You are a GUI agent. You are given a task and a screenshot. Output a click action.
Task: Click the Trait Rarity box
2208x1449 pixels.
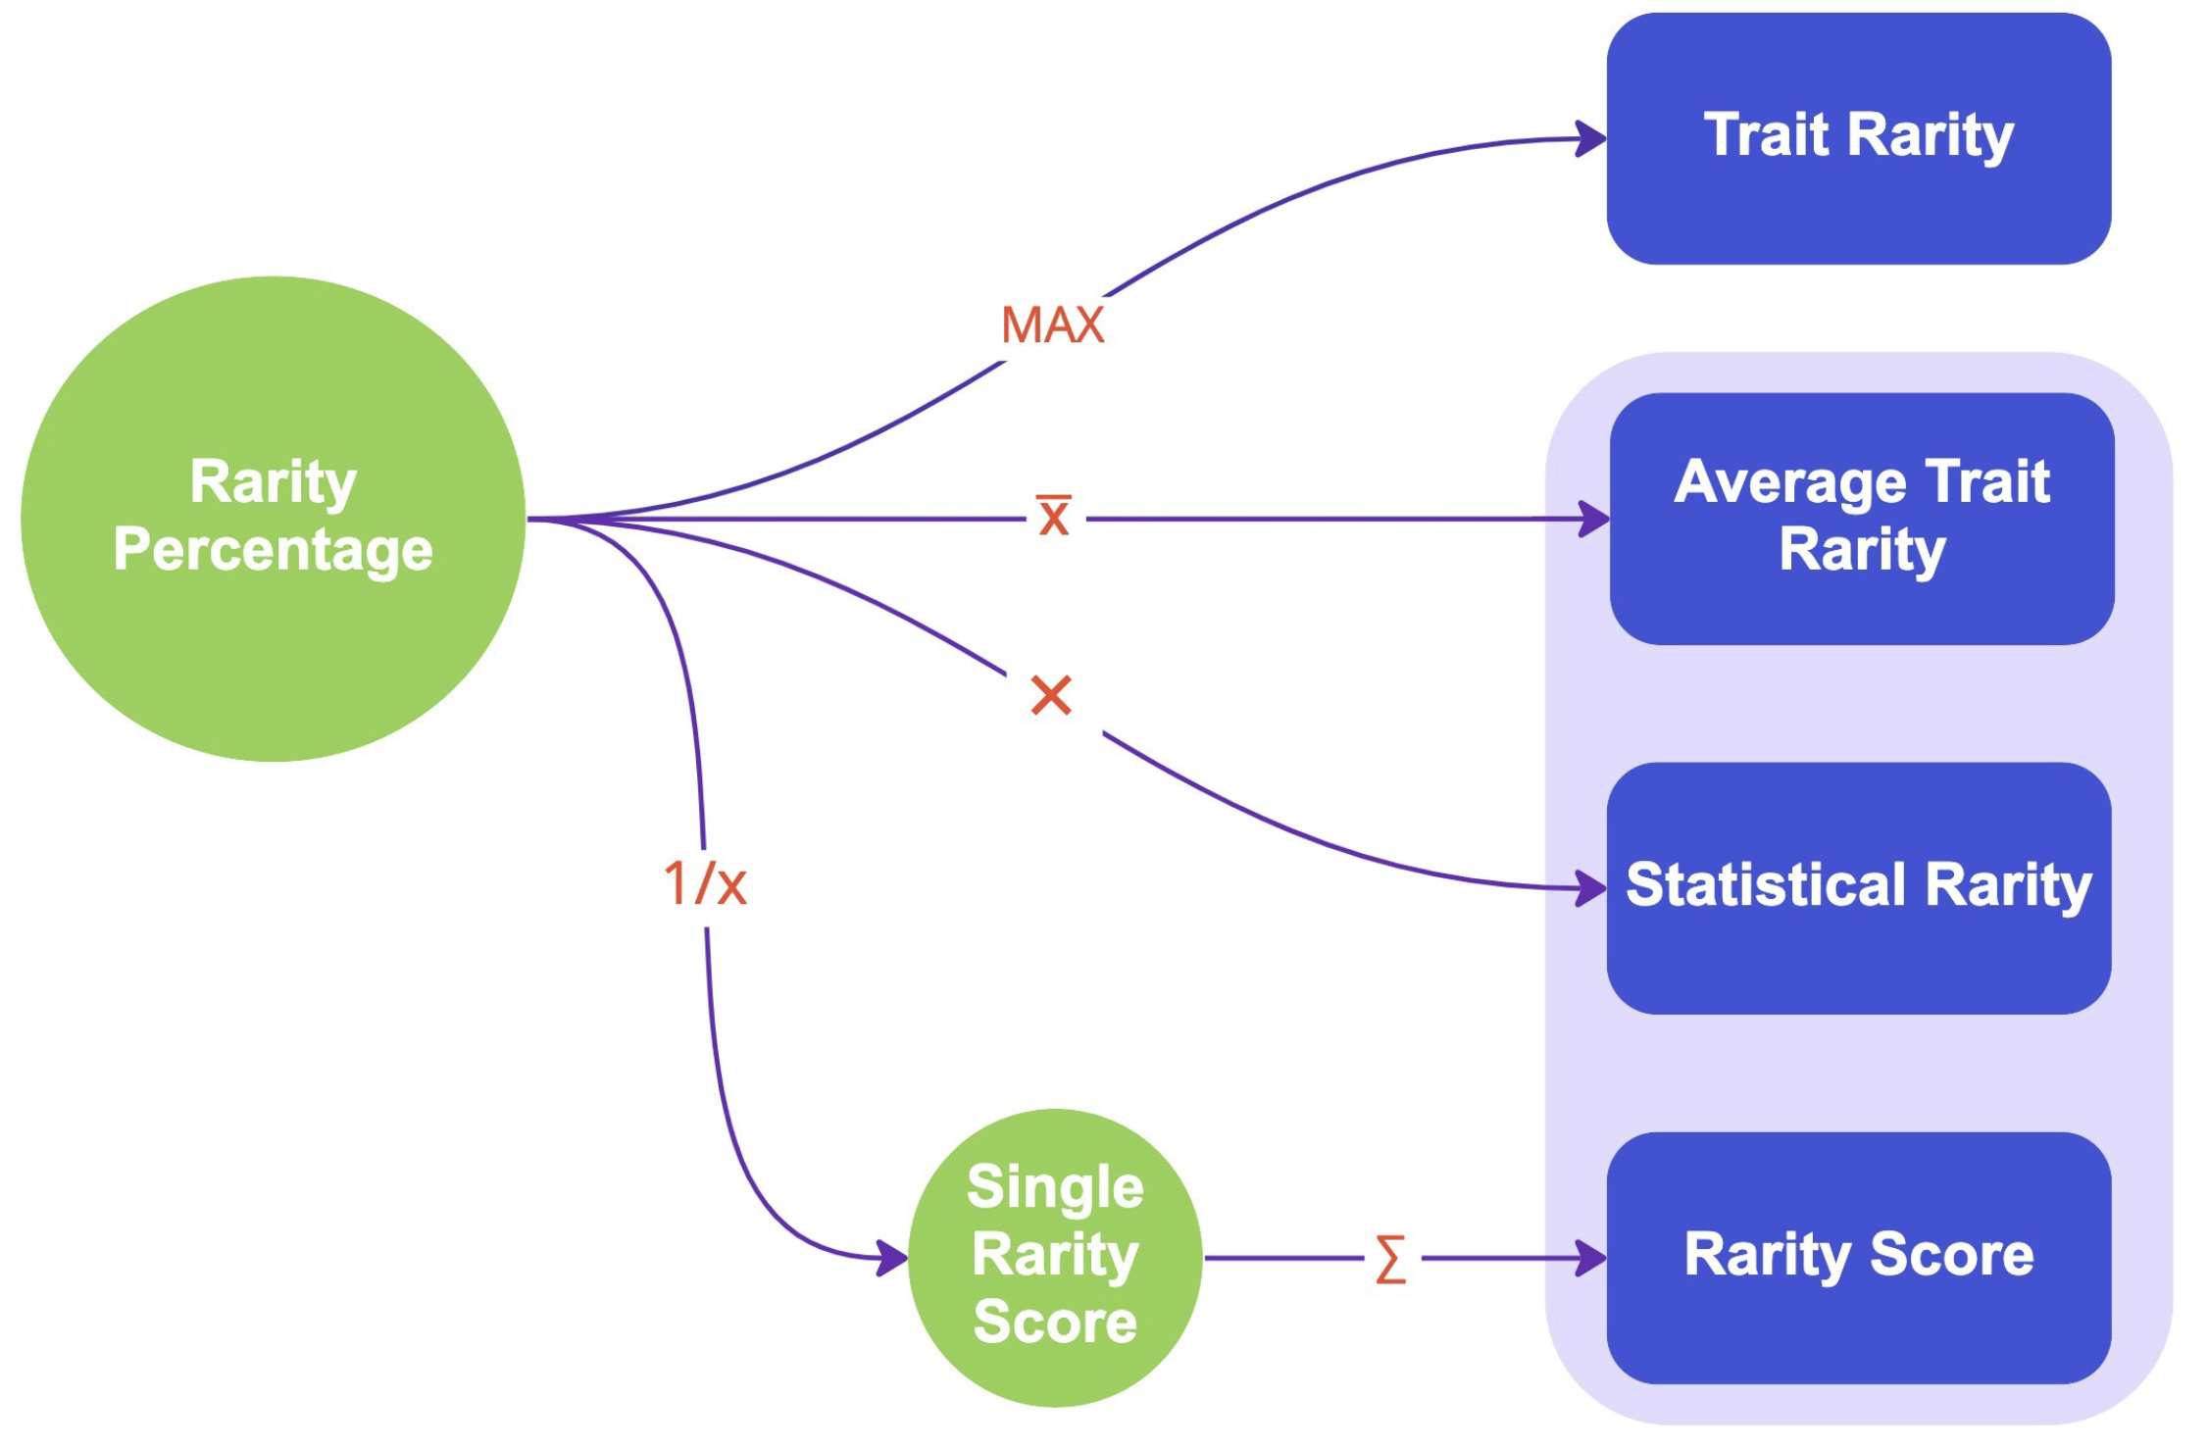point(1858,138)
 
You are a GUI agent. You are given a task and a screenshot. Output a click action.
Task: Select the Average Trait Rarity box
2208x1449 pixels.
point(1861,519)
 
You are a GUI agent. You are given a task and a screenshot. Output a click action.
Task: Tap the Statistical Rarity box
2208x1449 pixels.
point(1858,888)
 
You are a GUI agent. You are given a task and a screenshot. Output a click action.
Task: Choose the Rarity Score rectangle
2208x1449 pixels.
point(1858,1258)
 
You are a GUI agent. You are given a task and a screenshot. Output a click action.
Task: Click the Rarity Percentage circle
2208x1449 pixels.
point(273,519)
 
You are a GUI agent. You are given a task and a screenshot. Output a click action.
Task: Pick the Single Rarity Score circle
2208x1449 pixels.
point(1055,1258)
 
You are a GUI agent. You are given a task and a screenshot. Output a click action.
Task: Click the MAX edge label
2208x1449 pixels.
point(1052,325)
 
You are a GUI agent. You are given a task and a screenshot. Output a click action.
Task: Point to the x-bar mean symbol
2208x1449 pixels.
point(1054,516)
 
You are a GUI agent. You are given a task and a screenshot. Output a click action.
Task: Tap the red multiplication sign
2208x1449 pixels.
point(1051,696)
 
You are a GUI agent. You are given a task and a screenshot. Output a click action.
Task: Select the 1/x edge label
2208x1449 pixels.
point(705,884)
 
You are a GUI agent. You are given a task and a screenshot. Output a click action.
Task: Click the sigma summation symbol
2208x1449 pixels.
point(1390,1259)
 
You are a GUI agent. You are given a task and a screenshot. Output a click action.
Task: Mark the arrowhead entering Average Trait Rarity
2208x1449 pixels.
point(1593,519)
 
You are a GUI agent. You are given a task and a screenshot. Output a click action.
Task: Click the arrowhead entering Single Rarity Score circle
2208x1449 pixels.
point(891,1258)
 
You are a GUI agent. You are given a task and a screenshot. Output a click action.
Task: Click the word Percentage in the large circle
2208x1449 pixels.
point(273,550)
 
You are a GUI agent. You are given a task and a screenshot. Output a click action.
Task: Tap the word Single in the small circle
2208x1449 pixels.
point(1055,1188)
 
